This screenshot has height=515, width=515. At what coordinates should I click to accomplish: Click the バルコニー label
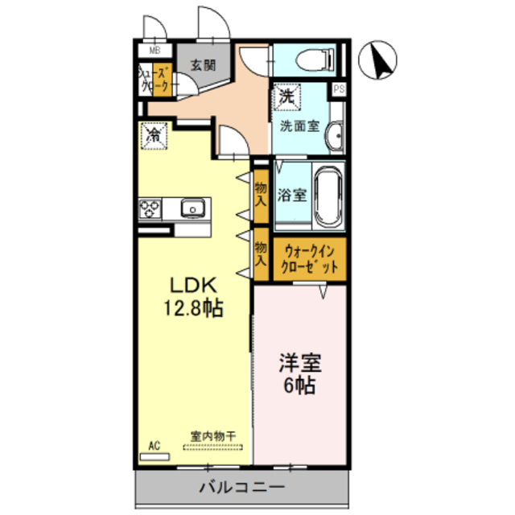pos(241,488)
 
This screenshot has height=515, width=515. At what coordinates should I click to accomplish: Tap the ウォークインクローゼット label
pos(310,259)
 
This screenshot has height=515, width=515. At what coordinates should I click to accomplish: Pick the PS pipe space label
pos(339,89)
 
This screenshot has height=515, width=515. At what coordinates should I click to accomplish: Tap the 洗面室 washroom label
pos(299,126)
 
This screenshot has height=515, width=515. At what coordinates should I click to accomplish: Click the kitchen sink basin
pos(192,208)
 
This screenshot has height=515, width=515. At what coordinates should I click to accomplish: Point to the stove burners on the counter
pos(150,208)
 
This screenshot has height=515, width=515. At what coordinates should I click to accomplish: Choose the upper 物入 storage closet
pos(261,194)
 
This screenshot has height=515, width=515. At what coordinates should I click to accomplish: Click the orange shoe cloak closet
pos(162,80)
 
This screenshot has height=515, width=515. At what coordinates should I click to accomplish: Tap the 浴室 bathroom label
pos(291,196)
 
